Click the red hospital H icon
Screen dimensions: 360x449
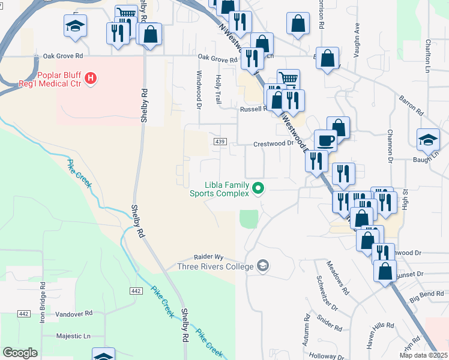coord(91,77)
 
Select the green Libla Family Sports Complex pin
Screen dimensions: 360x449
coord(259,188)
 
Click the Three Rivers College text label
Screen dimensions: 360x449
coord(215,266)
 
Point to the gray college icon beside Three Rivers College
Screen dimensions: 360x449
coord(262,265)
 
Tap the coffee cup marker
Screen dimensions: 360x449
coord(325,140)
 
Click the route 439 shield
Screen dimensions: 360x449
coord(220,142)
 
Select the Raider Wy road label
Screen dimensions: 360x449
coord(208,256)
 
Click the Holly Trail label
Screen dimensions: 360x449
coord(218,88)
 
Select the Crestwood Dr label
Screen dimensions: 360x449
coord(273,144)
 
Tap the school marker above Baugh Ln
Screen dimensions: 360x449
coord(428,139)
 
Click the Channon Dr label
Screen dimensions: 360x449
coord(390,146)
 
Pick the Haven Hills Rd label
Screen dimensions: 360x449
coord(380,337)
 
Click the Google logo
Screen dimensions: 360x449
coord(20,353)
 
